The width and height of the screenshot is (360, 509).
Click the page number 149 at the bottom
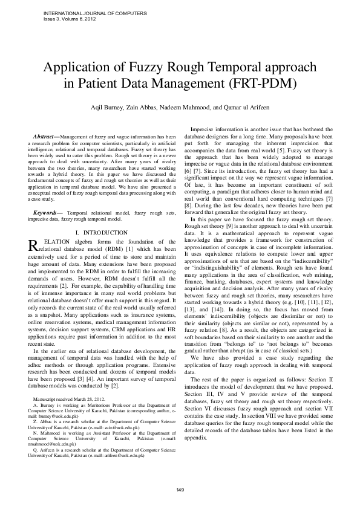(180, 489)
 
